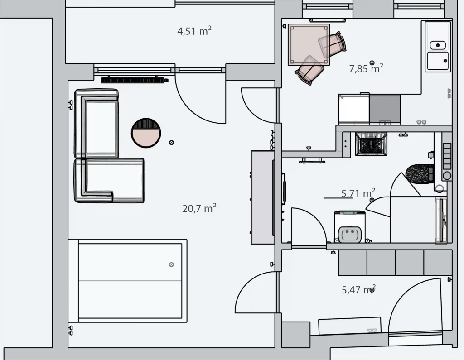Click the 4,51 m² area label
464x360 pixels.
(x=194, y=31)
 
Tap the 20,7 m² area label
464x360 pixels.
(x=199, y=208)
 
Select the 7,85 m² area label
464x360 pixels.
(x=366, y=68)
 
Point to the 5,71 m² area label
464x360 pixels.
(x=358, y=193)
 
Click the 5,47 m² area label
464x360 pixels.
(x=359, y=290)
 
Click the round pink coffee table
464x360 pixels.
(x=146, y=133)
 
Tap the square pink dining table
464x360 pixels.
(x=309, y=45)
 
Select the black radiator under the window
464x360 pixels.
(x=135, y=80)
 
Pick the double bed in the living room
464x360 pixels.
(x=127, y=281)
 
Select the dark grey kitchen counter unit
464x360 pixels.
(x=385, y=109)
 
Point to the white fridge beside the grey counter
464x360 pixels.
(x=354, y=109)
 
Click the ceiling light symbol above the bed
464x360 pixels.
(x=171, y=264)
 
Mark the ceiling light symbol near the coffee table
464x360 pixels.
(x=171, y=143)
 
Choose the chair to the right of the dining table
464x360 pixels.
(x=332, y=45)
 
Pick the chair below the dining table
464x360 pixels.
(x=309, y=70)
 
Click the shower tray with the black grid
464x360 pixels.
(x=371, y=144)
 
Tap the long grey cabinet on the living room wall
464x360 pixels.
(x=262, y=197)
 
